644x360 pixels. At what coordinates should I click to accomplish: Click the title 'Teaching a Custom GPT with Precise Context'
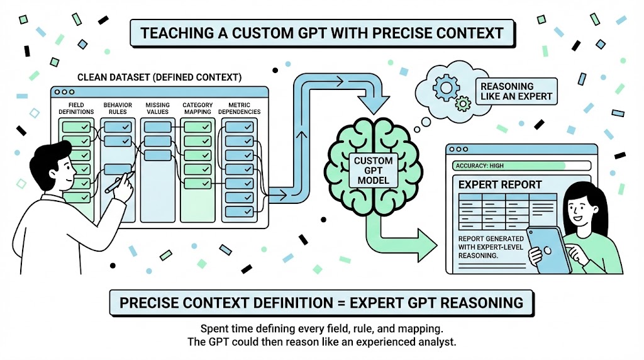click(321, 32)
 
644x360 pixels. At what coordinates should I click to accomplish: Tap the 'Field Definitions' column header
click(77, 108)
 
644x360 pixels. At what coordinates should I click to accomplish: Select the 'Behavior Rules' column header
click(116, 108)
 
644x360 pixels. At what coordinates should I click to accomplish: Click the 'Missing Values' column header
click(157, 108)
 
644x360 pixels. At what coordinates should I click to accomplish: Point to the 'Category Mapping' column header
click(197, 108)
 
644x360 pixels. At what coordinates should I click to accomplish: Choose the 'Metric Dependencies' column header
click(239, 108)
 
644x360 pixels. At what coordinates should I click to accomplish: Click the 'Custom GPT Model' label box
click(373, 171)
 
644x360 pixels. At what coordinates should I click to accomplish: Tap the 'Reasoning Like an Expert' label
click(516, 91)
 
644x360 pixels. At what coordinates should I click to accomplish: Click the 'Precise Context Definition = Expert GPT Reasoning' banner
click(321, 303)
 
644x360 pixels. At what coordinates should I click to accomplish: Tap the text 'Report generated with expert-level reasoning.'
click(487, 247)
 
